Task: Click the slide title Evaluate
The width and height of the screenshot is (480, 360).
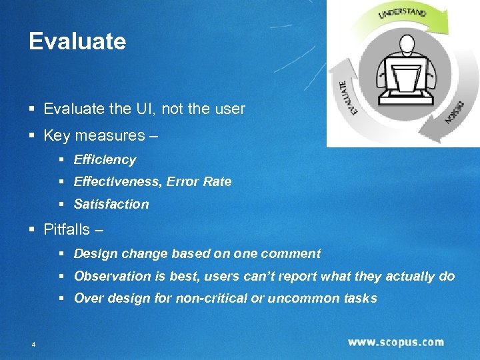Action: click(x=77, y=41)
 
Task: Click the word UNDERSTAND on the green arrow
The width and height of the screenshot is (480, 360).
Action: click(x=402, y=13)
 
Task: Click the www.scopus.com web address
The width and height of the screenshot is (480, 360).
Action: click(x=395, y=342)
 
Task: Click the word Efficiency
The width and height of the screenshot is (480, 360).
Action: click(x=105, y=160)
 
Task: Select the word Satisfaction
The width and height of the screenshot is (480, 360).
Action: click(x=111, y=204)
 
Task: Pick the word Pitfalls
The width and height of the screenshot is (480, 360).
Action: click(x=66, y=229)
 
